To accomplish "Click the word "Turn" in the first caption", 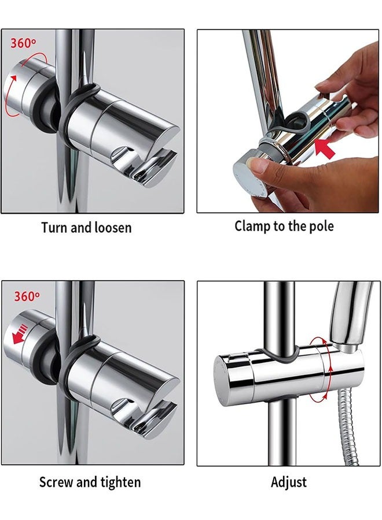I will (54, 228).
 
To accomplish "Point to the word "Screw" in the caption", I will (56, 482).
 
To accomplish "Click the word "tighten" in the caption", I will (119, 482).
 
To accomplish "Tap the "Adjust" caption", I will (289, 482).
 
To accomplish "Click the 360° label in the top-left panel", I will (23, 43).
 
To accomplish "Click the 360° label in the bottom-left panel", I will (27, 296).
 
